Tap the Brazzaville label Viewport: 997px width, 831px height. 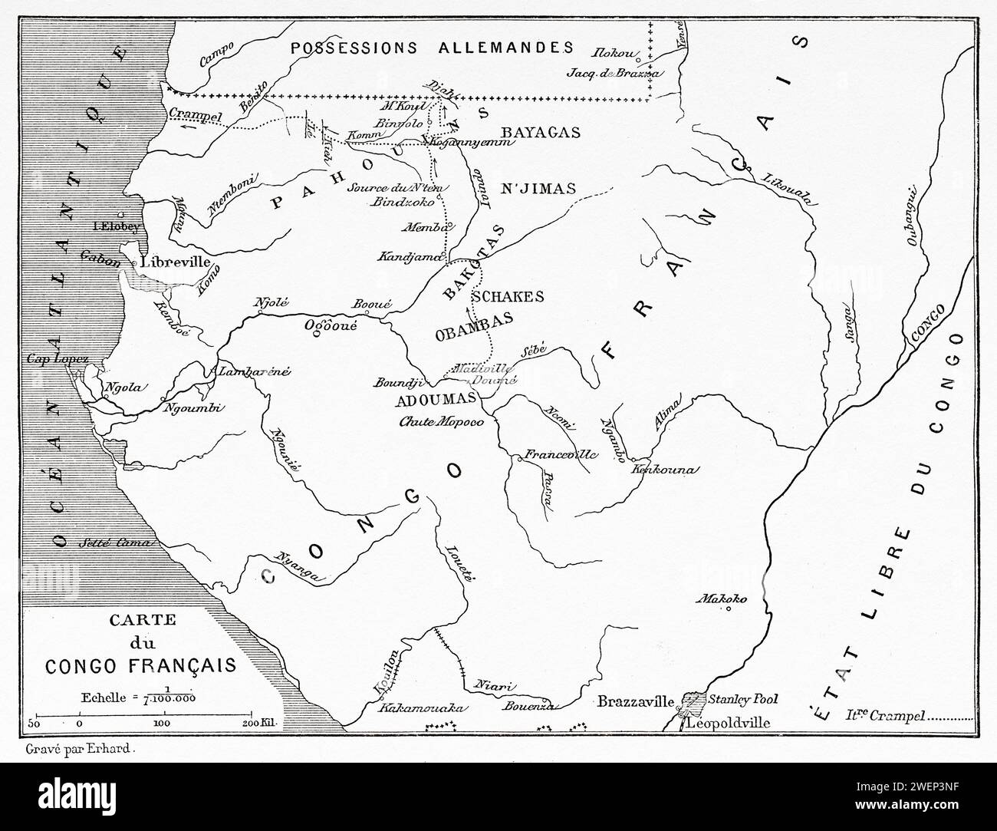pyautogui.click(x=634, y=701)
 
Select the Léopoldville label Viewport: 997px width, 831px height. pyautogui.click(x=728, y=723)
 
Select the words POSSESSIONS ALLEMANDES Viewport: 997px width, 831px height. pyautogui.click(x=432, y=48)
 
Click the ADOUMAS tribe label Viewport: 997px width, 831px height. pyautogui.click(x=436, y=400)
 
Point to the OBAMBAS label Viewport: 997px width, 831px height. pyautogui.click(x=473, y=335)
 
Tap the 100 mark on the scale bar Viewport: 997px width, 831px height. pyautogui.click(x=162, y=724)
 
